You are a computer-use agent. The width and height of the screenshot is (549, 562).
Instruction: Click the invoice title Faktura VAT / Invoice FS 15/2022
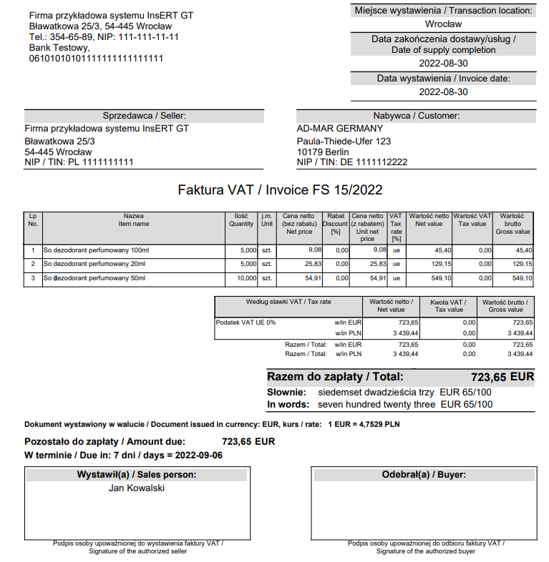click(280, 190)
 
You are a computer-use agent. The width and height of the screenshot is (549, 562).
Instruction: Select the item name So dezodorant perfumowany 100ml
click(96, 251)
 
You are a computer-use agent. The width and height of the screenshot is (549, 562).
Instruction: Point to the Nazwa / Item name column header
click(133, 220)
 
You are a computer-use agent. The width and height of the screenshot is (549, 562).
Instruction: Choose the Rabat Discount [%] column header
click(336, 223)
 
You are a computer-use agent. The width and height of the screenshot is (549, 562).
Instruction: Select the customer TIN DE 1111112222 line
click(352, 162)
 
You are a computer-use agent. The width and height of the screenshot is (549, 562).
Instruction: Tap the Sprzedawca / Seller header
click(144, 116)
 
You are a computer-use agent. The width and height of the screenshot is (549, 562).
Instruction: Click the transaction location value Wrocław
click(443, 24)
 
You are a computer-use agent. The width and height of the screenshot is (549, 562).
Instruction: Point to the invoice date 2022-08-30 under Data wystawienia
click(443, 92)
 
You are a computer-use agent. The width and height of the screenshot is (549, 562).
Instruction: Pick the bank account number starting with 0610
click(96, 59)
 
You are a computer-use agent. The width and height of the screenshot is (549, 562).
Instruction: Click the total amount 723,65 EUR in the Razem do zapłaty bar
click(502, 377)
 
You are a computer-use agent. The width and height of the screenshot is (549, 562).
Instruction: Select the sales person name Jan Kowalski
click(137, 488)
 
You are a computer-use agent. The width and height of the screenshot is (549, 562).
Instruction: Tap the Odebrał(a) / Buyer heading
click(424, 475)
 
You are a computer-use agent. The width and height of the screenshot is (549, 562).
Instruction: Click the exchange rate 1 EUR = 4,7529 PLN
click(364, 424)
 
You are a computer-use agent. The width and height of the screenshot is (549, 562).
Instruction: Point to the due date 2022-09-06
click(198, 455)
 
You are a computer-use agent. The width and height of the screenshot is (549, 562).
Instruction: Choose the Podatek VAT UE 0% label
click(246, 323)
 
